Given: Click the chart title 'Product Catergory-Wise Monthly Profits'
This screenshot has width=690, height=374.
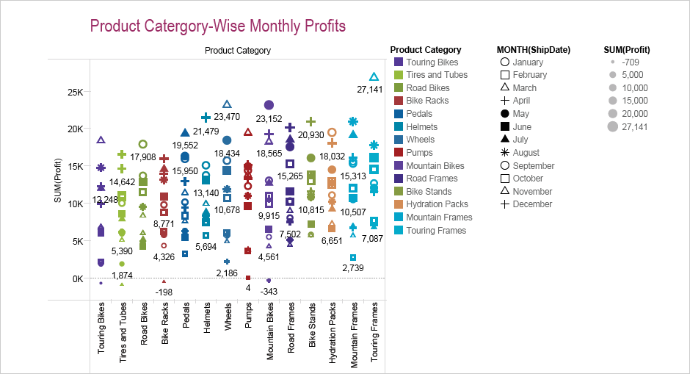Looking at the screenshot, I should pos(217,26).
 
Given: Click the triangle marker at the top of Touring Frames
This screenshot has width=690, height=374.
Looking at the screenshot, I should pos(374,77).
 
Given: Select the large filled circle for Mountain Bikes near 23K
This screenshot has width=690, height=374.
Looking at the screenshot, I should pos(269,105).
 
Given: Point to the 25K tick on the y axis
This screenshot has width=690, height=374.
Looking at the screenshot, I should pos(73,92).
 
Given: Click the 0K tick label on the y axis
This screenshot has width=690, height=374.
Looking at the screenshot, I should pos(76,278).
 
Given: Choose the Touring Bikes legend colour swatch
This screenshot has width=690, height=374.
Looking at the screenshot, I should pos(398,62).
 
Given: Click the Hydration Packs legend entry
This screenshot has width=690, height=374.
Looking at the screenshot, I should pos(437,204).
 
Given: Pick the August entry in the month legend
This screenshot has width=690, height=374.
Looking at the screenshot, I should pos(527,153).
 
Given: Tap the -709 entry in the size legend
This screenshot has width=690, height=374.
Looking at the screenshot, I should pos(631,62).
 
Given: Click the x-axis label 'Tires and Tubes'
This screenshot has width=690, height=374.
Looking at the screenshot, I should pos(123,334).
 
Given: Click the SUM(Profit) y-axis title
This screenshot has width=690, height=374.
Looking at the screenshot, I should pos(58,187).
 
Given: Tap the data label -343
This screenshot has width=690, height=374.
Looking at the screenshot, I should pos(269,292).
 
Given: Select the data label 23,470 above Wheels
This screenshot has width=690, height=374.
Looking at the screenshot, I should pos(227,117).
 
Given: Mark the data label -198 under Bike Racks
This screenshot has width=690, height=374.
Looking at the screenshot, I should pos(164,292).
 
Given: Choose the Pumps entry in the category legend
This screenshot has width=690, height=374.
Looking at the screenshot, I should pos(419,153).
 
